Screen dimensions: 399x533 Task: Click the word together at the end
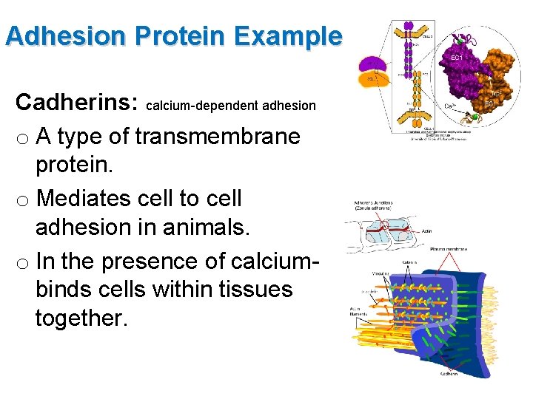(81, 320)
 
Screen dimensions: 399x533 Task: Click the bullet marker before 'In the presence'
(24, 263)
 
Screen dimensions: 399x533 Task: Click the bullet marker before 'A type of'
(24, 137)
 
